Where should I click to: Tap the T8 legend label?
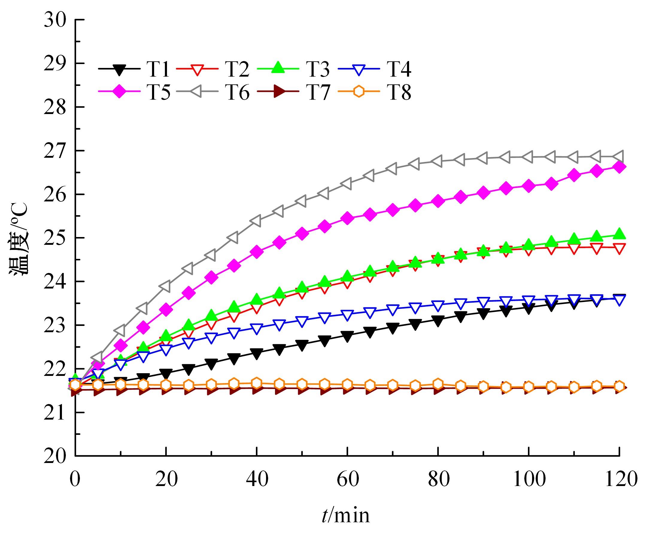(399, 92)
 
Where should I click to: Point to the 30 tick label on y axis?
(55, 20)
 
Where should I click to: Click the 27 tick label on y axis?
(55, 151)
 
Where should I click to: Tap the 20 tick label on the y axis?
(55, 456)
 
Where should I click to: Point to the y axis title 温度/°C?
(19, 239)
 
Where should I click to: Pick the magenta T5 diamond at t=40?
(256, 252)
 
